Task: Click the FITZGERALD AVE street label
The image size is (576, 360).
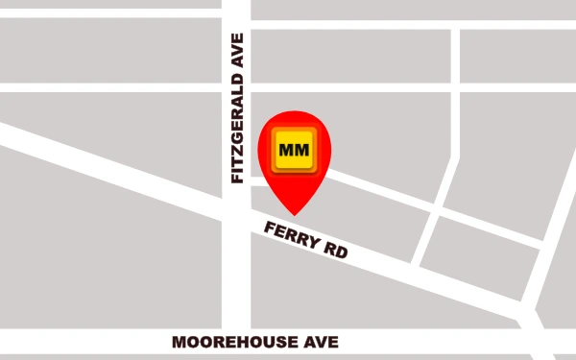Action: pyautogui.click(x=237, y=108)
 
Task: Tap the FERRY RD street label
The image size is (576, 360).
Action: pyautogui.click(x=305, y=240)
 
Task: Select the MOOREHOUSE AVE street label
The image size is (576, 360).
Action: pyautogui.click(x=254, y=342)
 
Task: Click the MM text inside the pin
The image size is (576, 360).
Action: pyautogui.click(x=293, y=152)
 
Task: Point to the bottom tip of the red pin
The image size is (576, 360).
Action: pyautogui.click(x=294, y=214)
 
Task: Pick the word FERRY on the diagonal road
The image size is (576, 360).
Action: pyautogui.click(x=291, y=235)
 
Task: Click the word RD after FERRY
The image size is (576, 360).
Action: pyautogui.click(x=334, y=251)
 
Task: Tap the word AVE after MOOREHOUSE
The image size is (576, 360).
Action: pyautogui.click(x=323, y=342)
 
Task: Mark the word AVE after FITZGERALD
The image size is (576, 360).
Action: pyautogui.click(x=237, y=48)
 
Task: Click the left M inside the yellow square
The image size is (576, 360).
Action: pyautogui.click(x=286, y=152)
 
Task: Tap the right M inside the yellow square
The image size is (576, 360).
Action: pyautogui.click(x=300, y=152)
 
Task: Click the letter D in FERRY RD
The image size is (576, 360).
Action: pyautogui.click(x=341, y=252)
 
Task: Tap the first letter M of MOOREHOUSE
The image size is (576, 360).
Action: pyautogui.click(x=179, y=342)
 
